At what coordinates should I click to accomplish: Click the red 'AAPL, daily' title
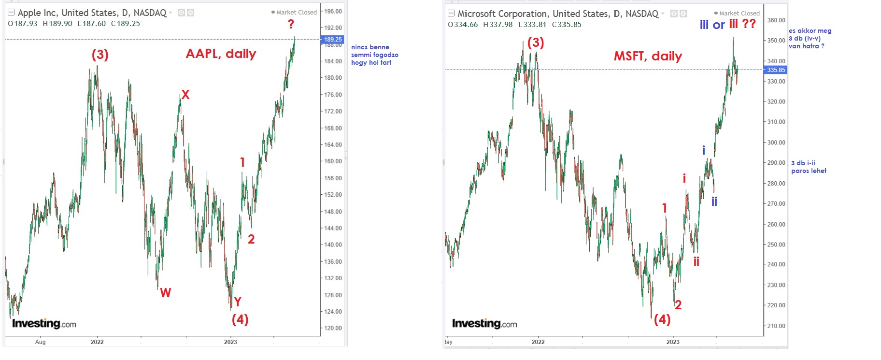[221, 54]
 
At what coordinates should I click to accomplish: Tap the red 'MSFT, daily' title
[648, 56]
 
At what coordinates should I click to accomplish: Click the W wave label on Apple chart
[165, 292]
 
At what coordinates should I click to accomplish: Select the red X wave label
[185, 95]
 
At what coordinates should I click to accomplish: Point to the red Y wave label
[237, 302]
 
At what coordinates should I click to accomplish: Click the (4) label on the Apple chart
[240, 319]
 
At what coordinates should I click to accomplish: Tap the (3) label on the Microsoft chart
[536, 43]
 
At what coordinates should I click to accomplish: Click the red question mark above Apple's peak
[291, 24]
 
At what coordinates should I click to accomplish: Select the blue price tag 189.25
[332, 40]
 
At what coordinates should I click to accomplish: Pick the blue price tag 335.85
[776, 70]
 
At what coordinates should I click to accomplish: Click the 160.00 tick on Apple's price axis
[333, 161]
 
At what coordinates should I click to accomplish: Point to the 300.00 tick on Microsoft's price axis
[776, 143]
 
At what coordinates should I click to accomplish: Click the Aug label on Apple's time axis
[41, 342]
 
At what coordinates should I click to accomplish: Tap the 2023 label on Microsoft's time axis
[673, 342]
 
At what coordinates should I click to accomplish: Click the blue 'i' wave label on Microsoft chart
[703, 150]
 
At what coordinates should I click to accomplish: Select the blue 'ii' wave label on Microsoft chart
[714, 201]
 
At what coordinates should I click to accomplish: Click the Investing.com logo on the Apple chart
[44, 323]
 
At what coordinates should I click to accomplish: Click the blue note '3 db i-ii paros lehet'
[809, 167]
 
